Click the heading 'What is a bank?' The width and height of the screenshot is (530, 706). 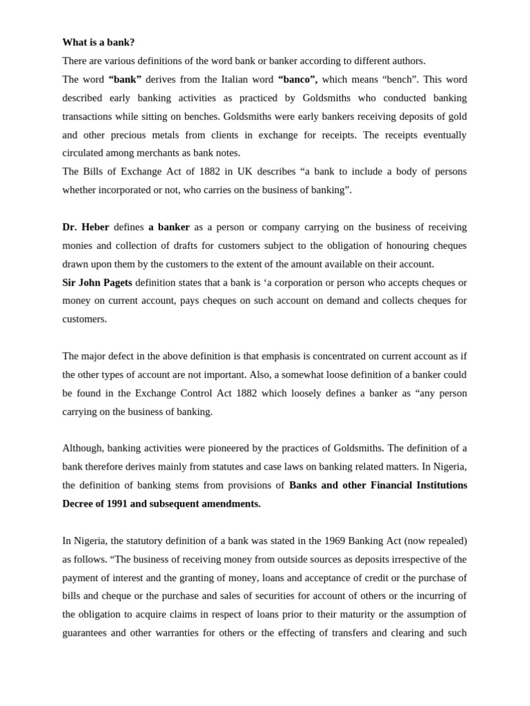99,42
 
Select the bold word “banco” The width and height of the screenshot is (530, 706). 297,79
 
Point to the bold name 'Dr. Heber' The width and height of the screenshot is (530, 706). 86,227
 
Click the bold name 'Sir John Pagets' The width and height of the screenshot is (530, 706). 97,283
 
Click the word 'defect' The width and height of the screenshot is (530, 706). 126,356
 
